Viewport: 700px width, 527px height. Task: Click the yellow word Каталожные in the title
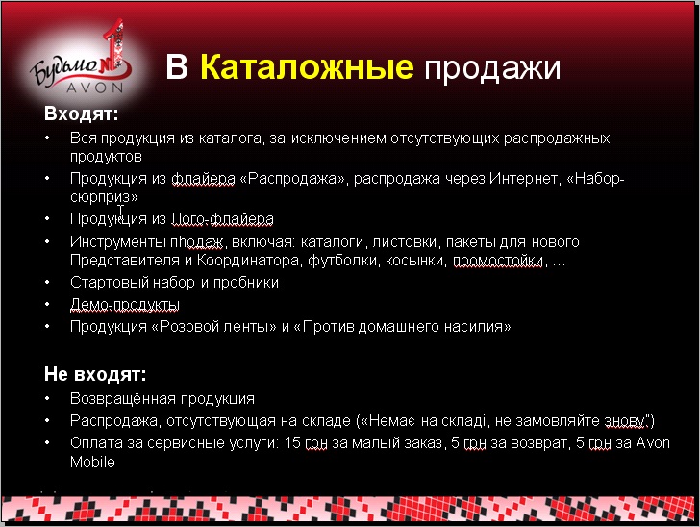click(307, 67)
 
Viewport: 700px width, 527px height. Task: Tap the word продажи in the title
click(492, 69)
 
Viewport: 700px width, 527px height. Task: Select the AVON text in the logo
click(95, 88)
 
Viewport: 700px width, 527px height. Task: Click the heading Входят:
click(81, 113)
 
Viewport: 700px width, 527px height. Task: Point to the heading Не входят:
click(95, 374)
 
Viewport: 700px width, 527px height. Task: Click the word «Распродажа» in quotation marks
click(293, 179)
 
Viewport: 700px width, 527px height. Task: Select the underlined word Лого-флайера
click(222, 219)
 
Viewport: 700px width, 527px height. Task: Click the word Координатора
click(248, 261)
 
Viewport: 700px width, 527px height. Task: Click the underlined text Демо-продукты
click(125, 305)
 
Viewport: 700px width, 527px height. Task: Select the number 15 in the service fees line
click(292, 443)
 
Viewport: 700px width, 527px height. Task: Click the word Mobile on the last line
click(92, 462)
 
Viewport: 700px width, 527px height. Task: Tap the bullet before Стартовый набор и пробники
click(48, 283)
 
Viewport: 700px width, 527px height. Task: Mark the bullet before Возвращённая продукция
click(48, 398)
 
